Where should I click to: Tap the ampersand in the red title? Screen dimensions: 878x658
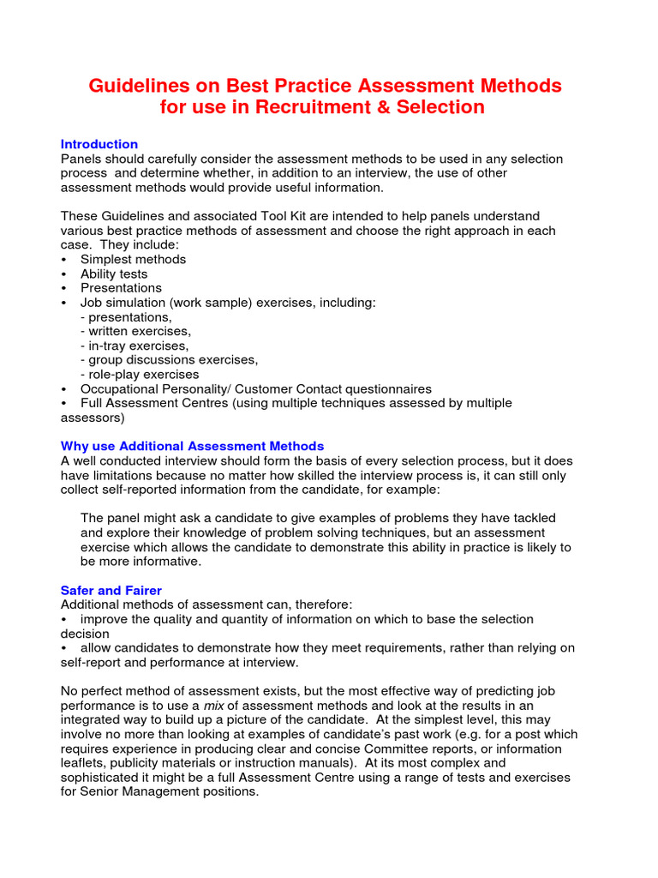point(393,107)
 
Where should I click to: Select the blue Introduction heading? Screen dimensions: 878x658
point(99,144)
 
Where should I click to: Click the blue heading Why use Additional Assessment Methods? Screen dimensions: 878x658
point(192,446)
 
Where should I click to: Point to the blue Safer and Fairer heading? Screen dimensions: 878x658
point(111,591)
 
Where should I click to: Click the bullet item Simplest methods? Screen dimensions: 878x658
point(133,260)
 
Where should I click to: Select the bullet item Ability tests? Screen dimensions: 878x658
point(114,274)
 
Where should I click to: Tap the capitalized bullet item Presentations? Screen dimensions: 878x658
point(121,288)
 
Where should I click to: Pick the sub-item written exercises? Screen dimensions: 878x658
point(138,332)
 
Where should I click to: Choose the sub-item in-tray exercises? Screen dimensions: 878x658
point(137,346)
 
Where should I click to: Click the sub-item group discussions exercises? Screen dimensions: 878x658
point(171,360)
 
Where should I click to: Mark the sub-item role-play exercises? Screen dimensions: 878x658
point(142,375)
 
